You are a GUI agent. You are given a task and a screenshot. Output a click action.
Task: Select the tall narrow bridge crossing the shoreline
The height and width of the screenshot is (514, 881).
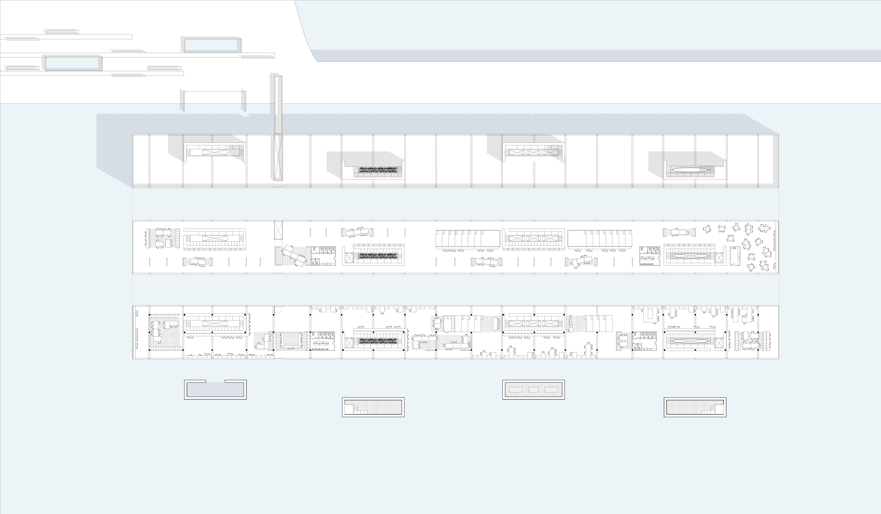[x=278, y=105]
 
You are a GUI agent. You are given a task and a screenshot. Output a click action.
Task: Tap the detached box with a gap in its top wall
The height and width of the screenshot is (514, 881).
[x=215, y=389]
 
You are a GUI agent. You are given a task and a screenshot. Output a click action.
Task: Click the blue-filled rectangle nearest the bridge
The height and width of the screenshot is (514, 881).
[x=213, y=45]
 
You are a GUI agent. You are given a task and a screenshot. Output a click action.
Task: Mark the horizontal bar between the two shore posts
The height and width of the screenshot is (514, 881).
[x=213, y=92]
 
